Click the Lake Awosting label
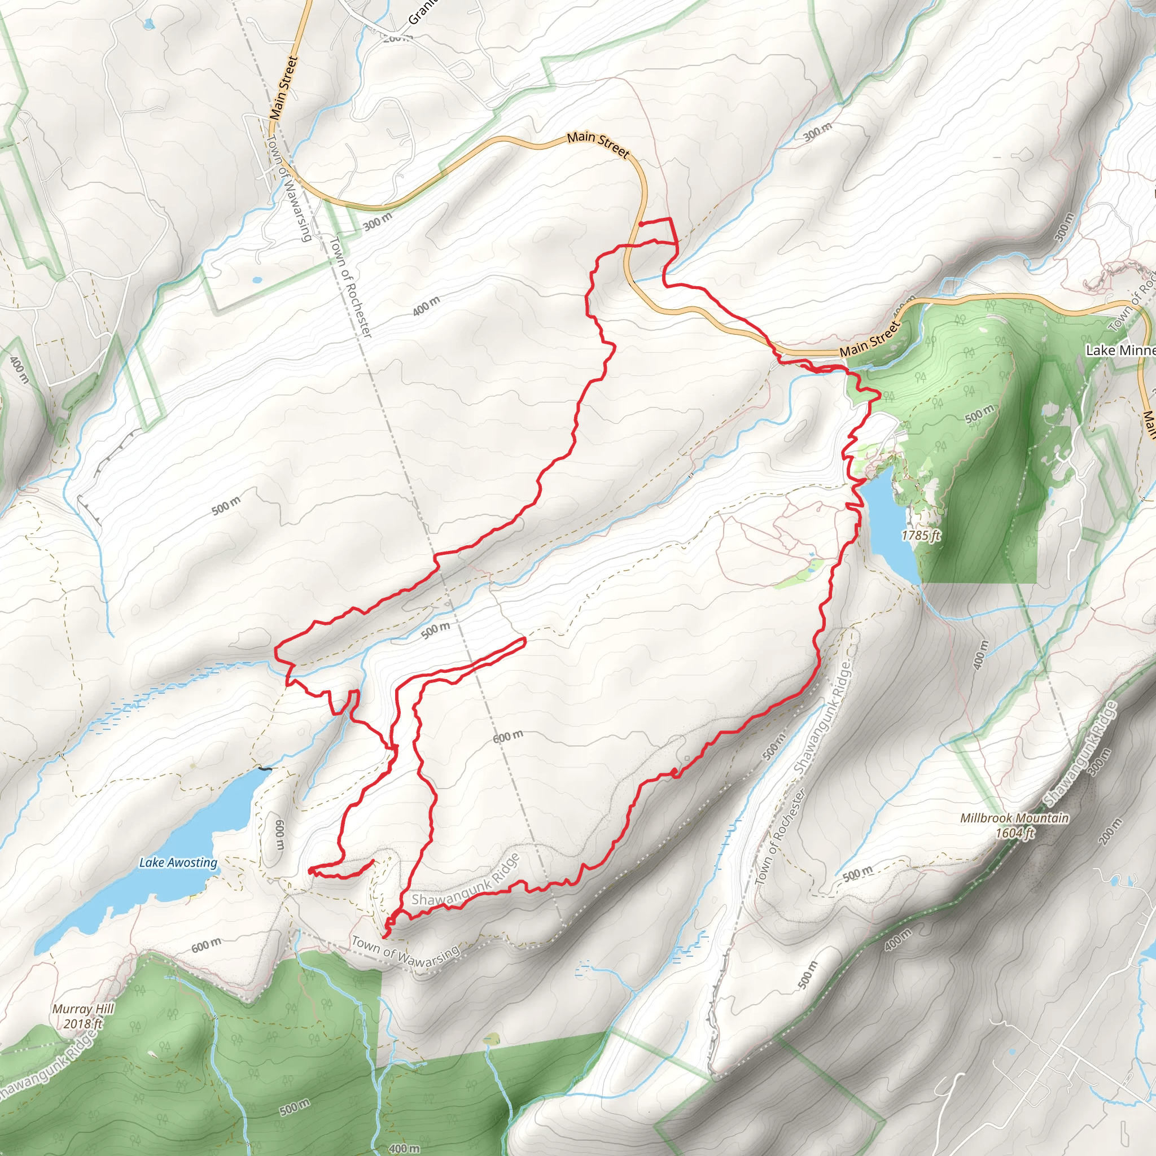[178, 862]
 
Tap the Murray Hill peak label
[82, 1016]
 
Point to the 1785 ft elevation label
[921, 535]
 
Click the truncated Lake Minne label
[1119, 350]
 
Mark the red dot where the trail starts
[641, 224]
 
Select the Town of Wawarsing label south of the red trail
[405, 953]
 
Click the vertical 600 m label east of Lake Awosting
[279, 834]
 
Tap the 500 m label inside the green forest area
[979, 413]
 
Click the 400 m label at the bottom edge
[405, 1148]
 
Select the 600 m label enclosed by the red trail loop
[508, 736]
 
